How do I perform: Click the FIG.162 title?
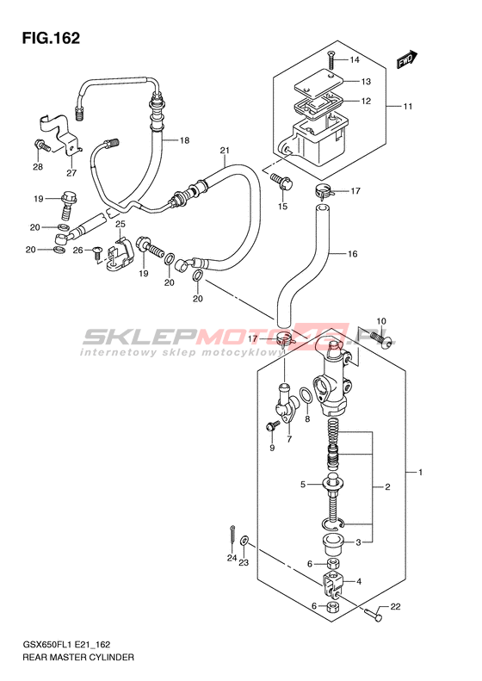52,38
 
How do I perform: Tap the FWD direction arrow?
407,59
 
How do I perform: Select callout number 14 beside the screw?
355,60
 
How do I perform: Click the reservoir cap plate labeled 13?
318,82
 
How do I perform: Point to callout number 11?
407,107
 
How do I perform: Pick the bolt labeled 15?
281,182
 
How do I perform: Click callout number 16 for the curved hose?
352,253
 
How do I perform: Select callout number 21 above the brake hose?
224,151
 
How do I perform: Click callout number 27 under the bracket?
71,173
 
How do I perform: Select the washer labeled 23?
244,541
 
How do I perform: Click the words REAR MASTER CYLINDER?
78,658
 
